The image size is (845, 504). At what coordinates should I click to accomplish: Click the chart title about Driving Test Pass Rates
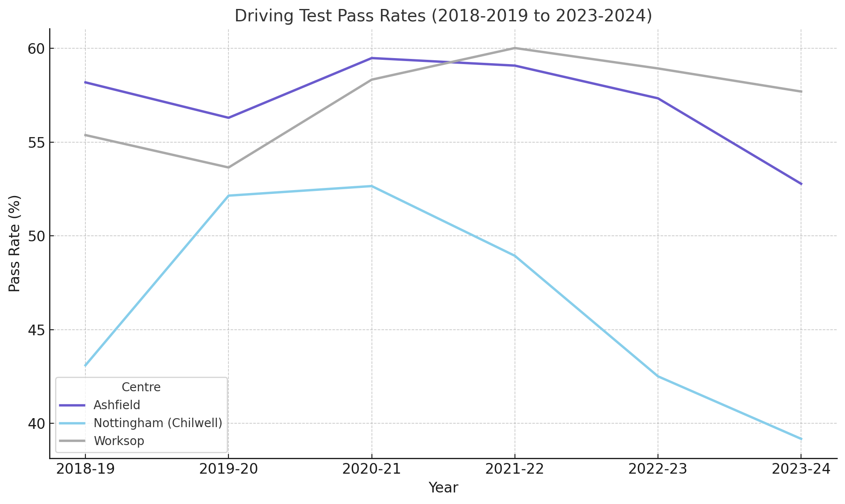click(x=443, y=16)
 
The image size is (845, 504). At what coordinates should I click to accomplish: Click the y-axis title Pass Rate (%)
click(x=15, y=243)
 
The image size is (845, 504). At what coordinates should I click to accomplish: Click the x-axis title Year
click(x=443, y=488)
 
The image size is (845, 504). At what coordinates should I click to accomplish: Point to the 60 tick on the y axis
click(x=36, y=49)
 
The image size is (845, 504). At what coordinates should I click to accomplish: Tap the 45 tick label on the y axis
click(x=36, y=330)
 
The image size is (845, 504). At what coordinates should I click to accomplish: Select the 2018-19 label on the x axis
click(x=85, y=469)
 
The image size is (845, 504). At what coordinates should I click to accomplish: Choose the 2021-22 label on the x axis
click(x=515, y=469)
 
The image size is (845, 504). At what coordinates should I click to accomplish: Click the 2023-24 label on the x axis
click(x=801, y=469)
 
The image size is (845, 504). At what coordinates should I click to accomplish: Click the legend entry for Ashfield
click(x=117, y=405)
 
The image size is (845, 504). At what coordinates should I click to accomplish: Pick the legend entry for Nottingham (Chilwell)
click(x=158, y=423)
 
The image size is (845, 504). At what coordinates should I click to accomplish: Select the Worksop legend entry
click(x=119, y=441)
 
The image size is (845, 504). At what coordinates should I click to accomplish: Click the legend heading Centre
click(x=141, y=387)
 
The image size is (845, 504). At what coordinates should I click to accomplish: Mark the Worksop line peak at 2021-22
click(x=515, y=48)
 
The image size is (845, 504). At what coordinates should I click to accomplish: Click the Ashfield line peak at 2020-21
click(x=372, y=58)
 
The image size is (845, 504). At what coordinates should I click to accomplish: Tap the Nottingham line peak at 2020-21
click(x=372, y=186)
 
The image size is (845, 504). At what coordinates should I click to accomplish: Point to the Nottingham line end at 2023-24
click(x=801, y=439)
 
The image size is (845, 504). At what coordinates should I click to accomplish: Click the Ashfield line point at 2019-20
click(x=228, y=118)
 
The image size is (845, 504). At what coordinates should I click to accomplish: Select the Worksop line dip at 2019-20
click(x=228, y=167)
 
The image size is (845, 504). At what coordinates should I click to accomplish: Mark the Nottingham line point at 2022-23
click(x=658, y=376)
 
